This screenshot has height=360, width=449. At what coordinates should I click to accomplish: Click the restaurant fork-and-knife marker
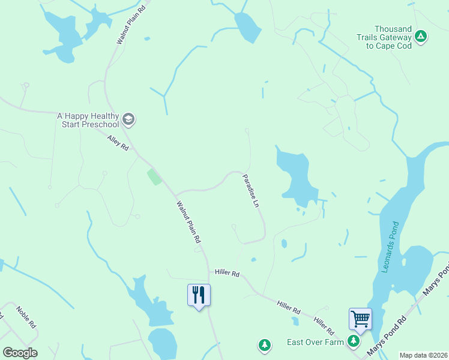(199, 295)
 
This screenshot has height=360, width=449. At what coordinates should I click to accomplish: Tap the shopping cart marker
(360, 319)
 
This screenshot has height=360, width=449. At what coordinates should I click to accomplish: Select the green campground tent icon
(421, 37)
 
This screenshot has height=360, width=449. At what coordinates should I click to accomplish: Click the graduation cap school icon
(128, 119)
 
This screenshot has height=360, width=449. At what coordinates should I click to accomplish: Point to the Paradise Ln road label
(251, 191)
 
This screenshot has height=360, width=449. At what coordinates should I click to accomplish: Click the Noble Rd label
(27, 317)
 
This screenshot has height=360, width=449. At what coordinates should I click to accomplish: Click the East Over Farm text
(315, 342)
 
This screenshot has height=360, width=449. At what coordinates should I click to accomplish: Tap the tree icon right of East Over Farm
(354, 341)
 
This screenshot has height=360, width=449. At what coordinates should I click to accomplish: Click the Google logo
(20, 353)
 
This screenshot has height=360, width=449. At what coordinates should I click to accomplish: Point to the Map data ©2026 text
(424, 355)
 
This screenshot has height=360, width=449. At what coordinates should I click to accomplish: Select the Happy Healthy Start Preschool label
(88, 120)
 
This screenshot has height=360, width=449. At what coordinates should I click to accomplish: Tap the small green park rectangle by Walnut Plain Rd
(154, 176)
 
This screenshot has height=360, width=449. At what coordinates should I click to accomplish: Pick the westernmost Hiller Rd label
(228, 274)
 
